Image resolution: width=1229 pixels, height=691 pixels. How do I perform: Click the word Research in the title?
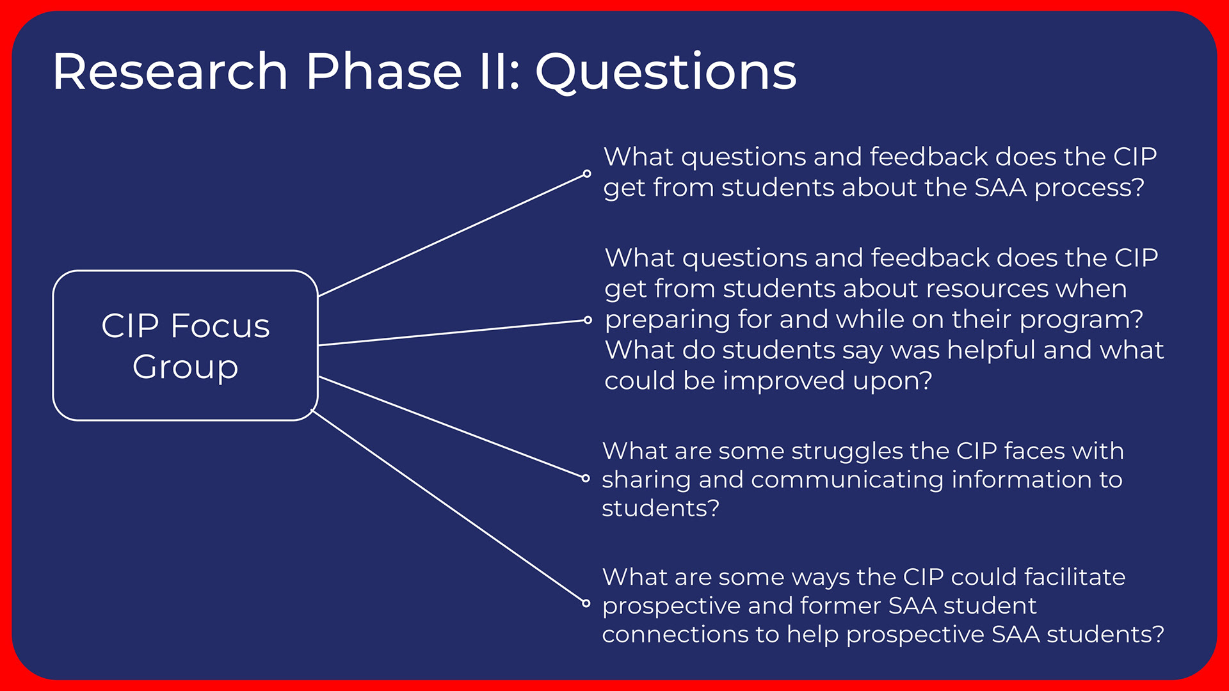tap(170, 71)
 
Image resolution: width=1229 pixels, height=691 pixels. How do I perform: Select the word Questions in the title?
tap(666, 72)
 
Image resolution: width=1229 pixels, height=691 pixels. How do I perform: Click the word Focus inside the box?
tap(220, 326)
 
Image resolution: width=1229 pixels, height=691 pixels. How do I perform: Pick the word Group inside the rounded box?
tap(186, 367)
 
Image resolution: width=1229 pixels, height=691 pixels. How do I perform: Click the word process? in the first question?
tap(1089, 188)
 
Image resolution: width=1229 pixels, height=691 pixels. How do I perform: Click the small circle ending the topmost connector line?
tap(587, 173)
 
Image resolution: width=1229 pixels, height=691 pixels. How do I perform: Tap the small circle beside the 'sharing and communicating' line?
tap(586, 478)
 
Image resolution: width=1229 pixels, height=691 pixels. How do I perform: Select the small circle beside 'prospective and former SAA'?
tap(586, 603)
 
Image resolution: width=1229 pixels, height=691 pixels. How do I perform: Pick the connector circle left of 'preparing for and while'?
tap(588, 320)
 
